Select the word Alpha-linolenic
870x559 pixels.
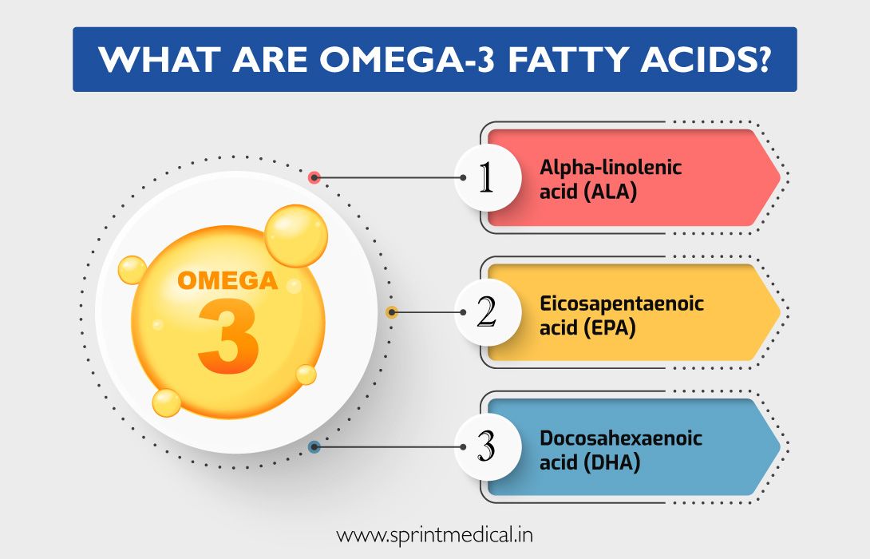pyautogui.click(x=611, y=168)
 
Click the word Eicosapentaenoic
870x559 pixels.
pyautogui.click(x=622, y=303)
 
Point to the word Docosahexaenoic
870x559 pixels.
pyautogui.click(x=623, y=438)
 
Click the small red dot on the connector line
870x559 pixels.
pyautogui.click(x=314, y=177)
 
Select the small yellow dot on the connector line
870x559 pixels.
pyautogui.click(x=392, y=313)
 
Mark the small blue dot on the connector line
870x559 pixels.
pyautogui.click(x=314, y=448)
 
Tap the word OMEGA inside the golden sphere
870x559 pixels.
pyautogui.click(x=227, y=282)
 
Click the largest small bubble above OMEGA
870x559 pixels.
pyautogui.click(x=295, y=236)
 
